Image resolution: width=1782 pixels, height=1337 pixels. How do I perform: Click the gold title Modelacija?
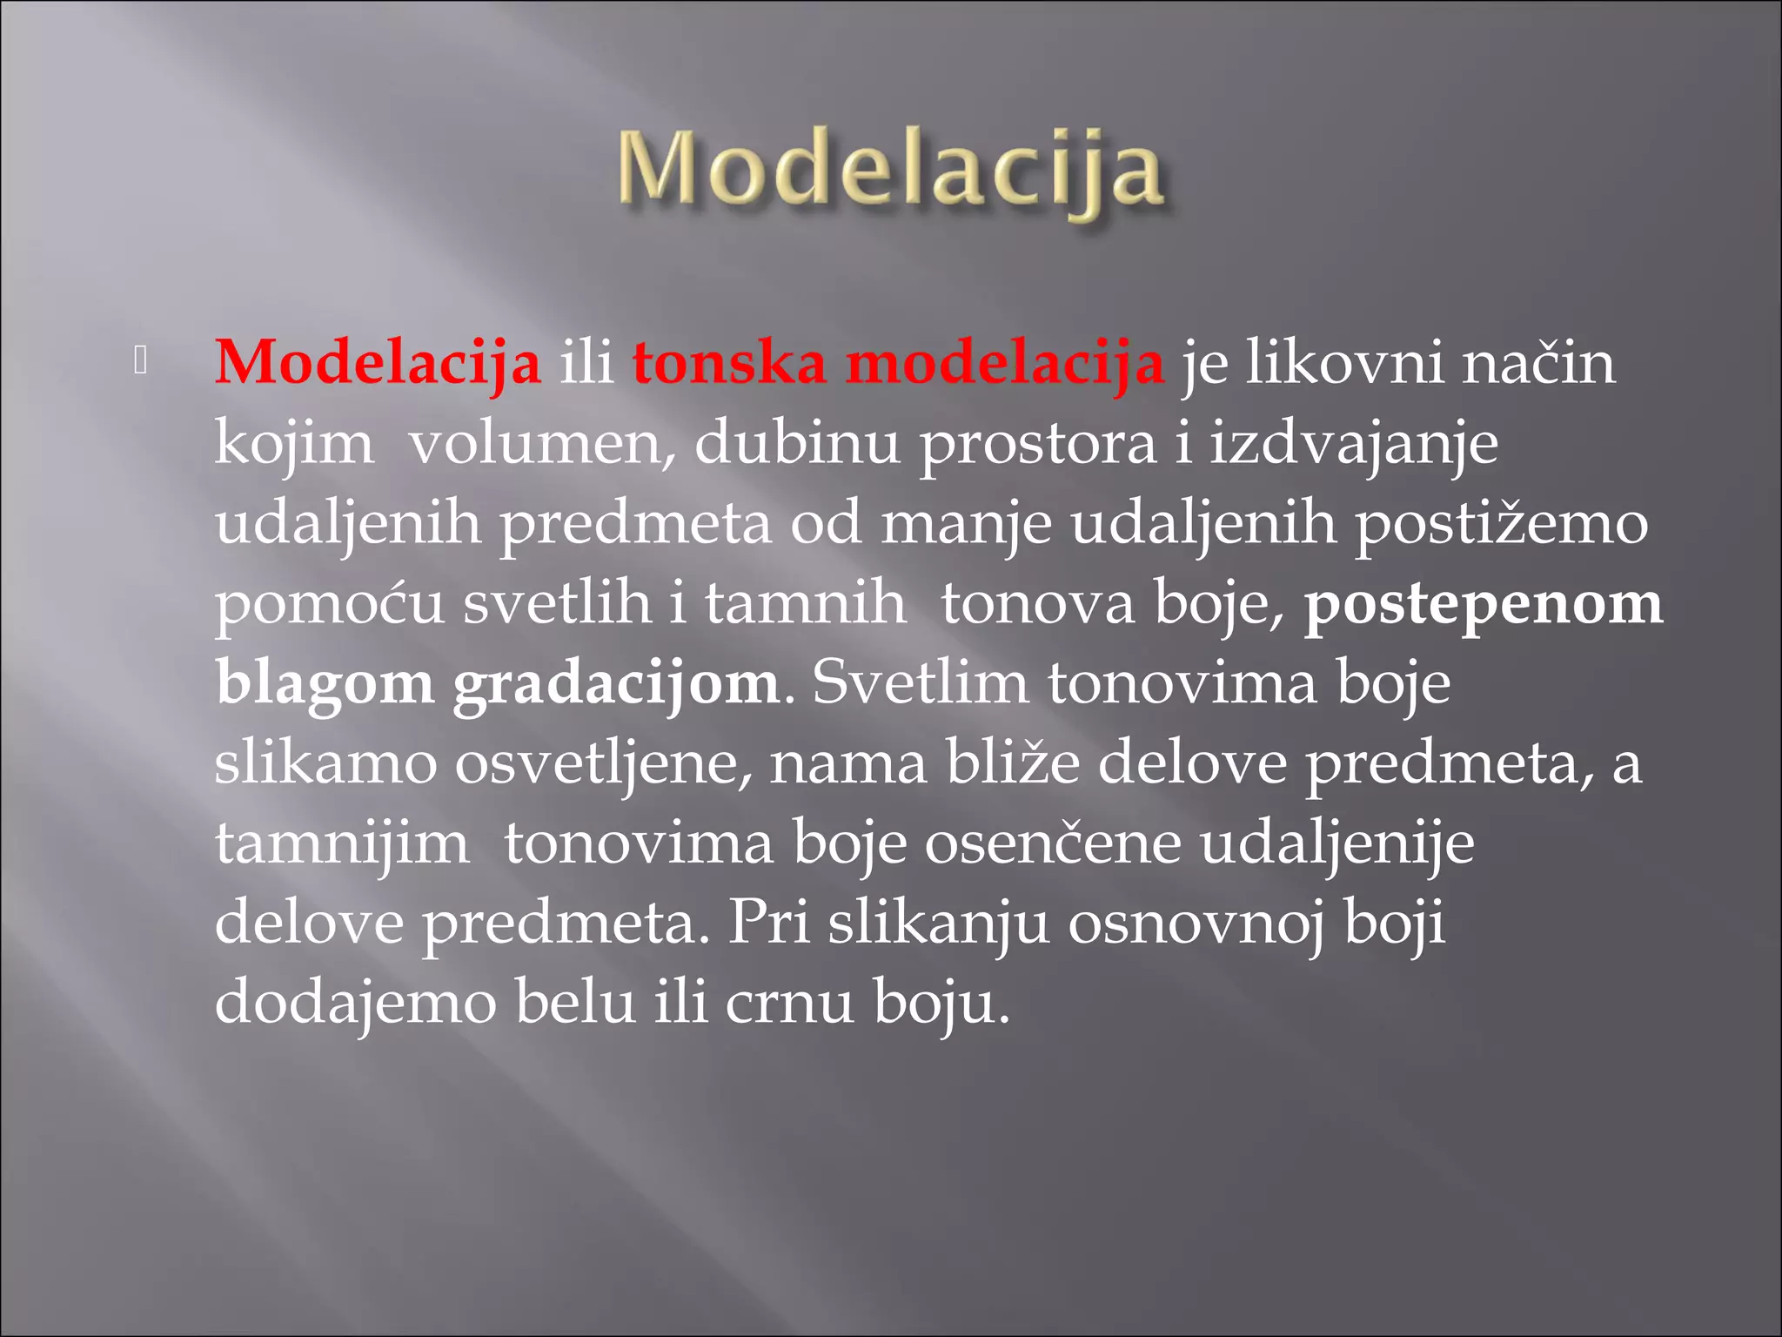[890, 171]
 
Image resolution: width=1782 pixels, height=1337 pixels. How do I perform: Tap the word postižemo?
[1502, 525]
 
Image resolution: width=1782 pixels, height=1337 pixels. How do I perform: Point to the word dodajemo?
[355, 1003]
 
